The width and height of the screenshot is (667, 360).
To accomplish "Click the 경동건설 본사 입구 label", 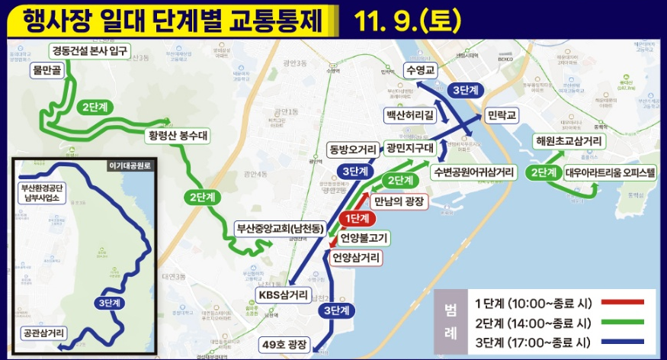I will click(90, 52).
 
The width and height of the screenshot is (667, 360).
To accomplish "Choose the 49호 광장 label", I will click(284, 345).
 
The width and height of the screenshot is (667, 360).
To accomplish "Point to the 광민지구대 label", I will click(409, 147).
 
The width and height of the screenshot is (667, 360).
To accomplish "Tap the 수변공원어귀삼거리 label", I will click(473, 171).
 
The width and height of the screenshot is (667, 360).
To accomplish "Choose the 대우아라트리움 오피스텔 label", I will click(610, 172).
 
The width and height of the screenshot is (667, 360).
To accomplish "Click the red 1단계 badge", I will click(357, 219).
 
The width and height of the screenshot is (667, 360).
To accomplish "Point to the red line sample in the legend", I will click(623, 302).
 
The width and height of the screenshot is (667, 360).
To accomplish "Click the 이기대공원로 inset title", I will click(130, 165).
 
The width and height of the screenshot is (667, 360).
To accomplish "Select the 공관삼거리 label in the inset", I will click(45, 333).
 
